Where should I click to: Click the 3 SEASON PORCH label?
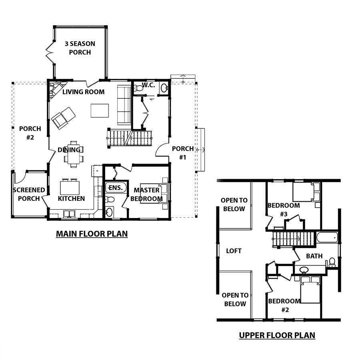coord(80,48)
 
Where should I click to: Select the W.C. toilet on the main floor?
coord(139,88)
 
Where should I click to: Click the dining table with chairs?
coord(74,154)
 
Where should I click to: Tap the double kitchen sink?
coord(69,214)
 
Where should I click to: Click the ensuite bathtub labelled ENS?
coord(116,188)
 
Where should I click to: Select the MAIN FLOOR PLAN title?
coord(92,234)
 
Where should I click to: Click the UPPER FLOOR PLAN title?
coord(277,335)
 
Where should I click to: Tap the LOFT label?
coord(234,251)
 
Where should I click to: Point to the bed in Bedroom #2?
coord(310,290)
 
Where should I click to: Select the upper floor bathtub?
coord(327,237)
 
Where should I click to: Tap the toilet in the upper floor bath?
coord(332,262)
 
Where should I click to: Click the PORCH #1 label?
coord(183,153)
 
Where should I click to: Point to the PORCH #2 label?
coord(30,133)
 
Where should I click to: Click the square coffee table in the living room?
coord(100,111)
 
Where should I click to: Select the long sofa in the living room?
coord(124,105)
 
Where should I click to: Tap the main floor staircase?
coord(130,138)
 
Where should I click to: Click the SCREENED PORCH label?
coord(29,194)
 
